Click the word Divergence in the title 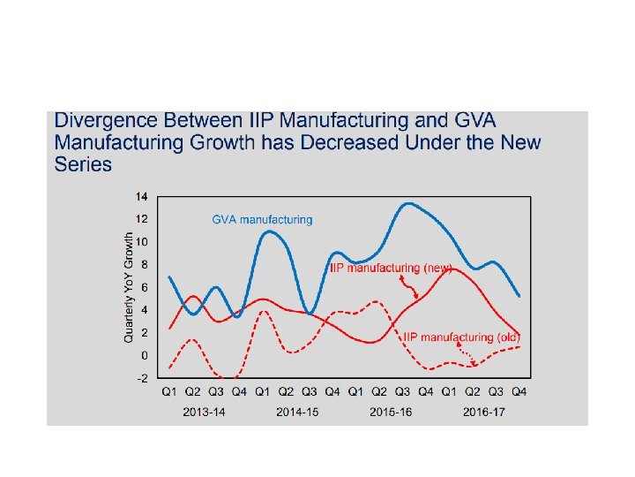[99, 121]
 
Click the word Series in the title [83, 164]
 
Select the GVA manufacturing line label [262, 219]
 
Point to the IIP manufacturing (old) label [461, 337]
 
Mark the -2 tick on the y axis [141, 378]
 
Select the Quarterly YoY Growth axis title [129, 287]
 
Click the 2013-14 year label [204, 412]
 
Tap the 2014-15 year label [297, 412]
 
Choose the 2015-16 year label [391, 412]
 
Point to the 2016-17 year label [484, 412]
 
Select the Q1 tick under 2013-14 [169, 391]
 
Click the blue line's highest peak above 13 [407, 204]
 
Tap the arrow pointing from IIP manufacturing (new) [411, 286]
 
